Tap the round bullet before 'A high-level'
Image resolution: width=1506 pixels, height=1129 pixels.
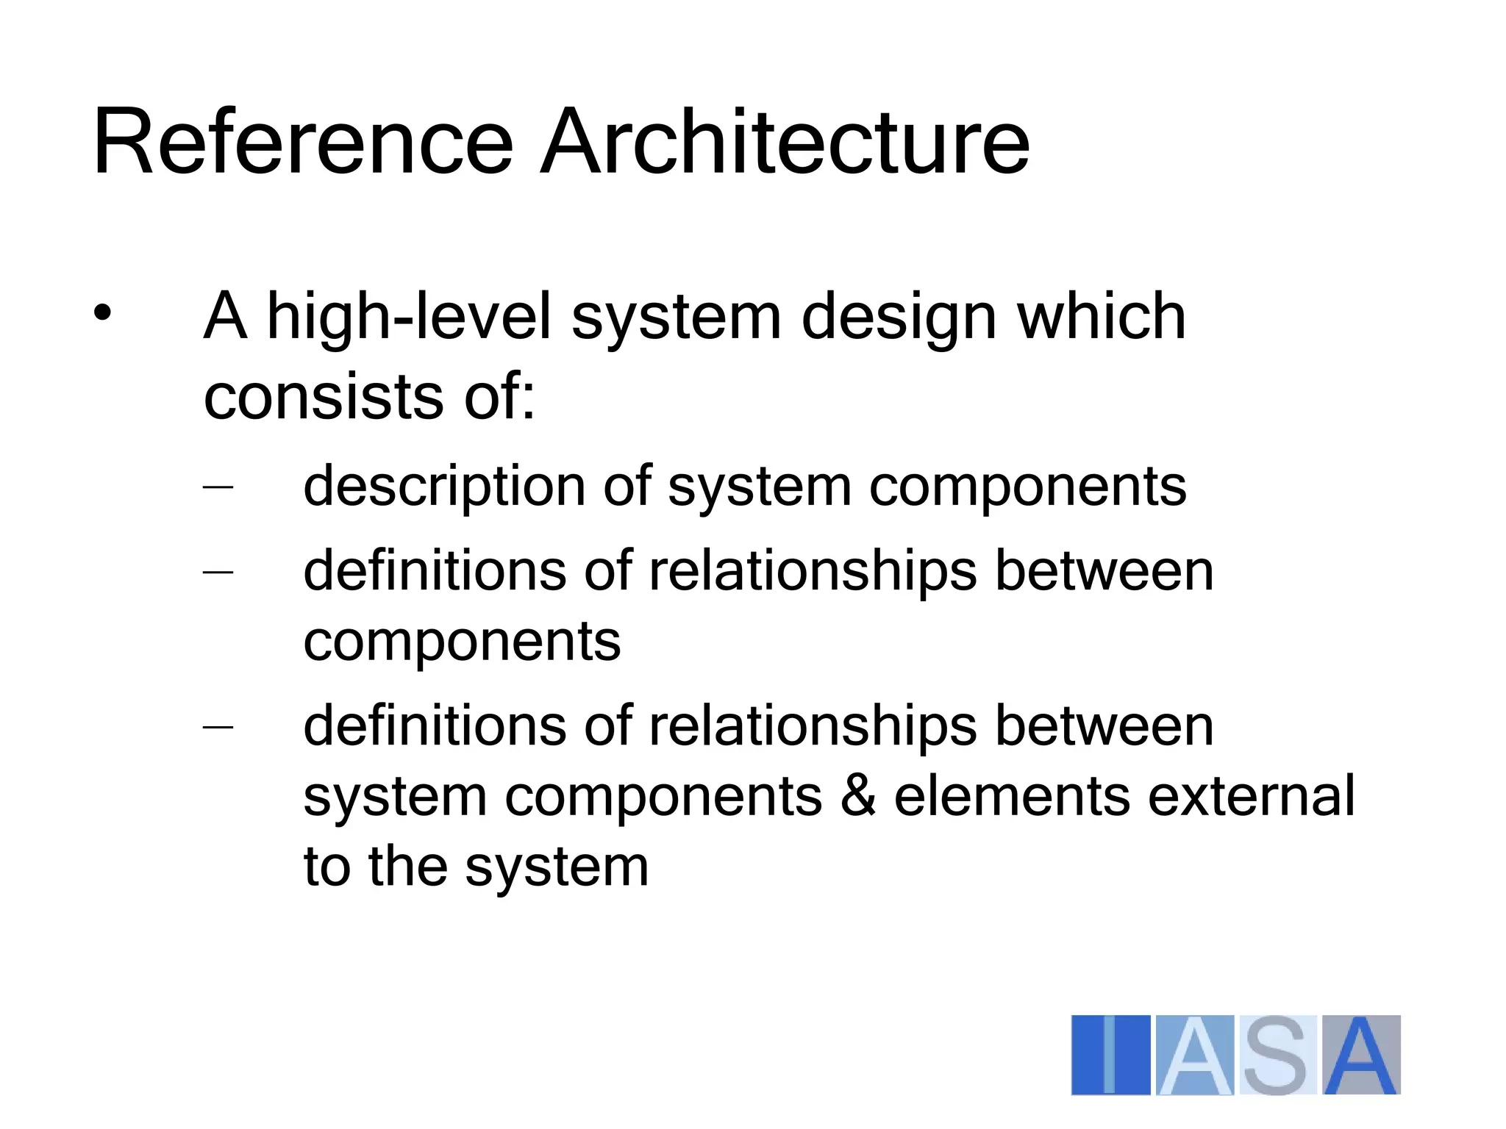pos(102,314)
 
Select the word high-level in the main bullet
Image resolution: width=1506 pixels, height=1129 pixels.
pos(409,318)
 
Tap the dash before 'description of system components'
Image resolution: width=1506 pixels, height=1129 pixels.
pos(218,487)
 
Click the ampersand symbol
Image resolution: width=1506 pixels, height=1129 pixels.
pos(858,796)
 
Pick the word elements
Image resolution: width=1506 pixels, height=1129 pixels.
pos(1012,796)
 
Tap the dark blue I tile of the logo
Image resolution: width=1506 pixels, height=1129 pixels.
pos(1110,1055)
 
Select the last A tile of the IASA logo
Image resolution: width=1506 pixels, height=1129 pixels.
pos(1361,1055)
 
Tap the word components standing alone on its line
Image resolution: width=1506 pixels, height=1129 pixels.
pos(462,642)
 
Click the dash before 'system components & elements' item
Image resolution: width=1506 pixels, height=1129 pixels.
pos(218,727)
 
